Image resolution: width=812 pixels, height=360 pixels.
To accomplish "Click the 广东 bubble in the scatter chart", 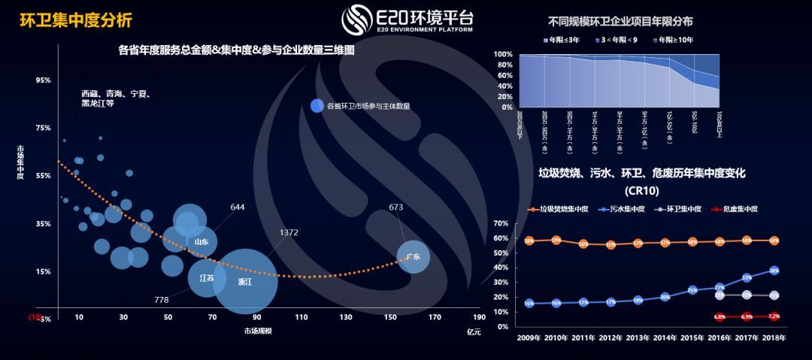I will (413, 257).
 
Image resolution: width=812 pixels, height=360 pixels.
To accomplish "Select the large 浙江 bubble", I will (245, 282).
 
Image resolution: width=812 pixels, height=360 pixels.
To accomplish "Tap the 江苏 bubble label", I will (206, 277).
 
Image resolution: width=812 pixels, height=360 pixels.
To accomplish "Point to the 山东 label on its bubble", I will (201, 242).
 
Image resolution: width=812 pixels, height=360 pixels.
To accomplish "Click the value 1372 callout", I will (289, 233).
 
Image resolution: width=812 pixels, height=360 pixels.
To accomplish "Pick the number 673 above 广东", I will (396, 207).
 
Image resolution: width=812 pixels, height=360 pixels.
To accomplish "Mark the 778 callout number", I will (162, 300).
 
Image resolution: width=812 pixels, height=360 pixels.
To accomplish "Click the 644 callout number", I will (238, 207).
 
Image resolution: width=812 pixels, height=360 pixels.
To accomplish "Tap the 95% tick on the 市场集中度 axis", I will (43, 80).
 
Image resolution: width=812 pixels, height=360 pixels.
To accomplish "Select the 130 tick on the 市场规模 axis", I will (345, 317).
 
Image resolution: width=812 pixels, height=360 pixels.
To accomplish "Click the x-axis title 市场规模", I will (258, 331).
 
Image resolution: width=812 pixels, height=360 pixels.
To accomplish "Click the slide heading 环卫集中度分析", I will (67, 19).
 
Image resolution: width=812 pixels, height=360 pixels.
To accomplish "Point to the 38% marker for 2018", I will (774, 271).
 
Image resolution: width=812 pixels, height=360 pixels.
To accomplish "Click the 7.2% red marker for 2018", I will (774, 316).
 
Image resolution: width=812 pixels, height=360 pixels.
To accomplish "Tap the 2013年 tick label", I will (638, 338).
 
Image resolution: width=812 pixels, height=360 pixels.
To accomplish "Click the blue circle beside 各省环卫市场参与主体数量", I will (317, 106).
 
